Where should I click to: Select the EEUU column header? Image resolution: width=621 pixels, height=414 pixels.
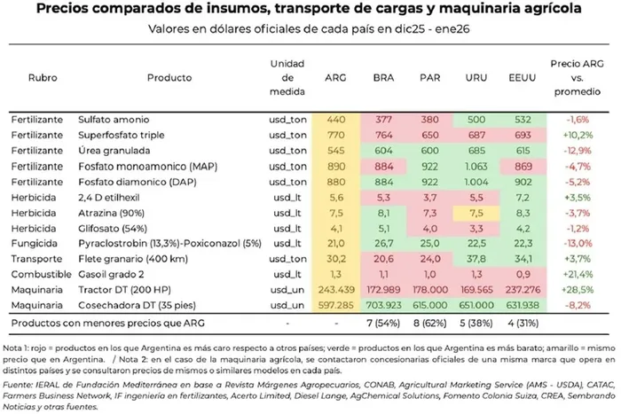[521, 78]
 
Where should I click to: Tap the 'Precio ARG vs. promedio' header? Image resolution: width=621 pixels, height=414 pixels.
[577, 77]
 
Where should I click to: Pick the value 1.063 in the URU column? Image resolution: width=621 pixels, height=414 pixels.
[476, 165]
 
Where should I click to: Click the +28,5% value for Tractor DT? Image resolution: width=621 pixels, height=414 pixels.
[577, 289]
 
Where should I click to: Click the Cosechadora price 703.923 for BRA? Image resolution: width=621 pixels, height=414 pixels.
[385, 305]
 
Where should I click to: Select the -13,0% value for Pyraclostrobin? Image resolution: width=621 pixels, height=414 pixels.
[577, 243]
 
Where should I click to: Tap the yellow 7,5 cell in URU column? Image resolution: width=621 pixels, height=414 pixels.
[476, 212]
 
